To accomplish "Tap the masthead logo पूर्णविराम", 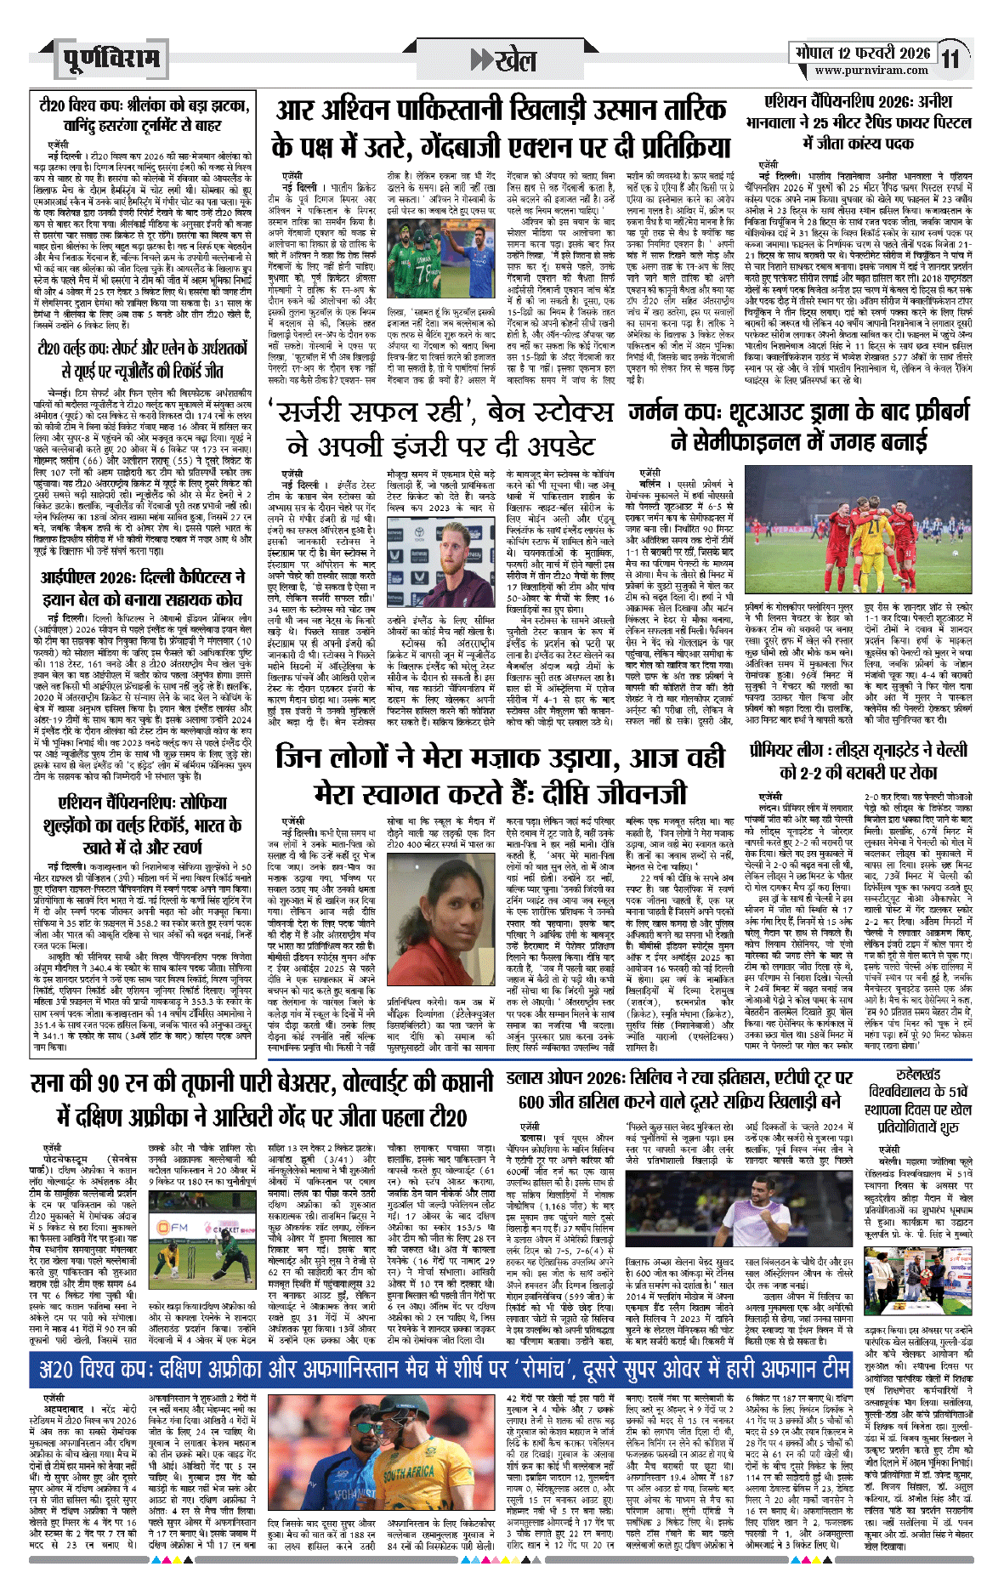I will tap(111, 59).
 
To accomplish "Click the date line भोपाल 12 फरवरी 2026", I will tap(862, 53).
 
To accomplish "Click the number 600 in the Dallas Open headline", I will tap(531, 1101).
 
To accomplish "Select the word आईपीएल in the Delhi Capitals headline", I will tap(73, 576).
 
